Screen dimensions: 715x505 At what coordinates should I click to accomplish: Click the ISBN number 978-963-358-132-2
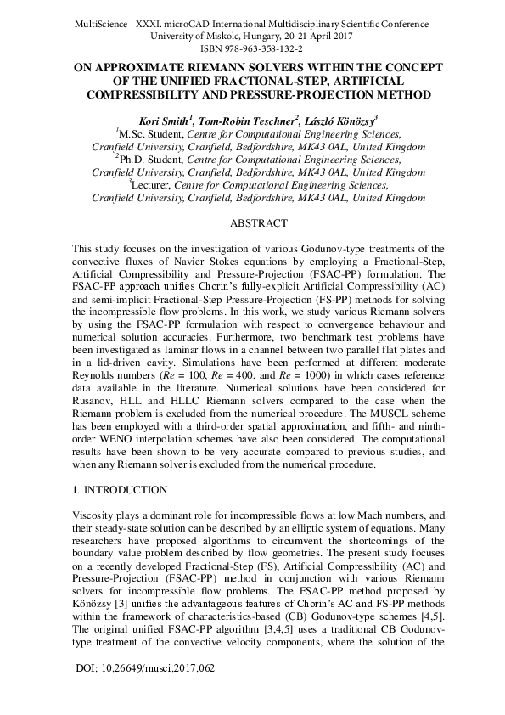pos(252,49)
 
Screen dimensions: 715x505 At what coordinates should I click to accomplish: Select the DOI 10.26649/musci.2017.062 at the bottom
pos(144,668)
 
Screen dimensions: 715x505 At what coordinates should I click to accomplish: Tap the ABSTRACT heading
pos(252,224)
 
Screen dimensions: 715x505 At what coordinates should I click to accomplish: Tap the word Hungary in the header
pos(240,36)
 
